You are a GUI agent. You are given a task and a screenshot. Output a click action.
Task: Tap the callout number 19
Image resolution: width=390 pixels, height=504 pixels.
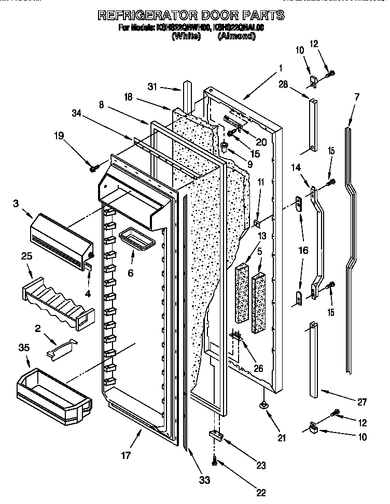(x=60, y=137)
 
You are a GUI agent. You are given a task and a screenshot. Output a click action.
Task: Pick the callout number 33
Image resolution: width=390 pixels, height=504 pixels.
(x=205, y=480)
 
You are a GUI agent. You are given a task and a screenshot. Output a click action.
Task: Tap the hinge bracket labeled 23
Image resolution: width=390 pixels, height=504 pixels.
(x=216, y=436)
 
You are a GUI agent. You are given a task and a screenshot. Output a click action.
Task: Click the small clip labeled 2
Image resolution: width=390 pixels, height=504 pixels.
(x=60, y=348)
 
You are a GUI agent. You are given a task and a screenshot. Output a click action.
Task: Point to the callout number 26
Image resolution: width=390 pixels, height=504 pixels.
(x=258, y=368)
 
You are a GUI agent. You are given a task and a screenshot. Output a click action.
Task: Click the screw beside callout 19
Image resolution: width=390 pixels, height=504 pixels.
(x=94, y=169)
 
